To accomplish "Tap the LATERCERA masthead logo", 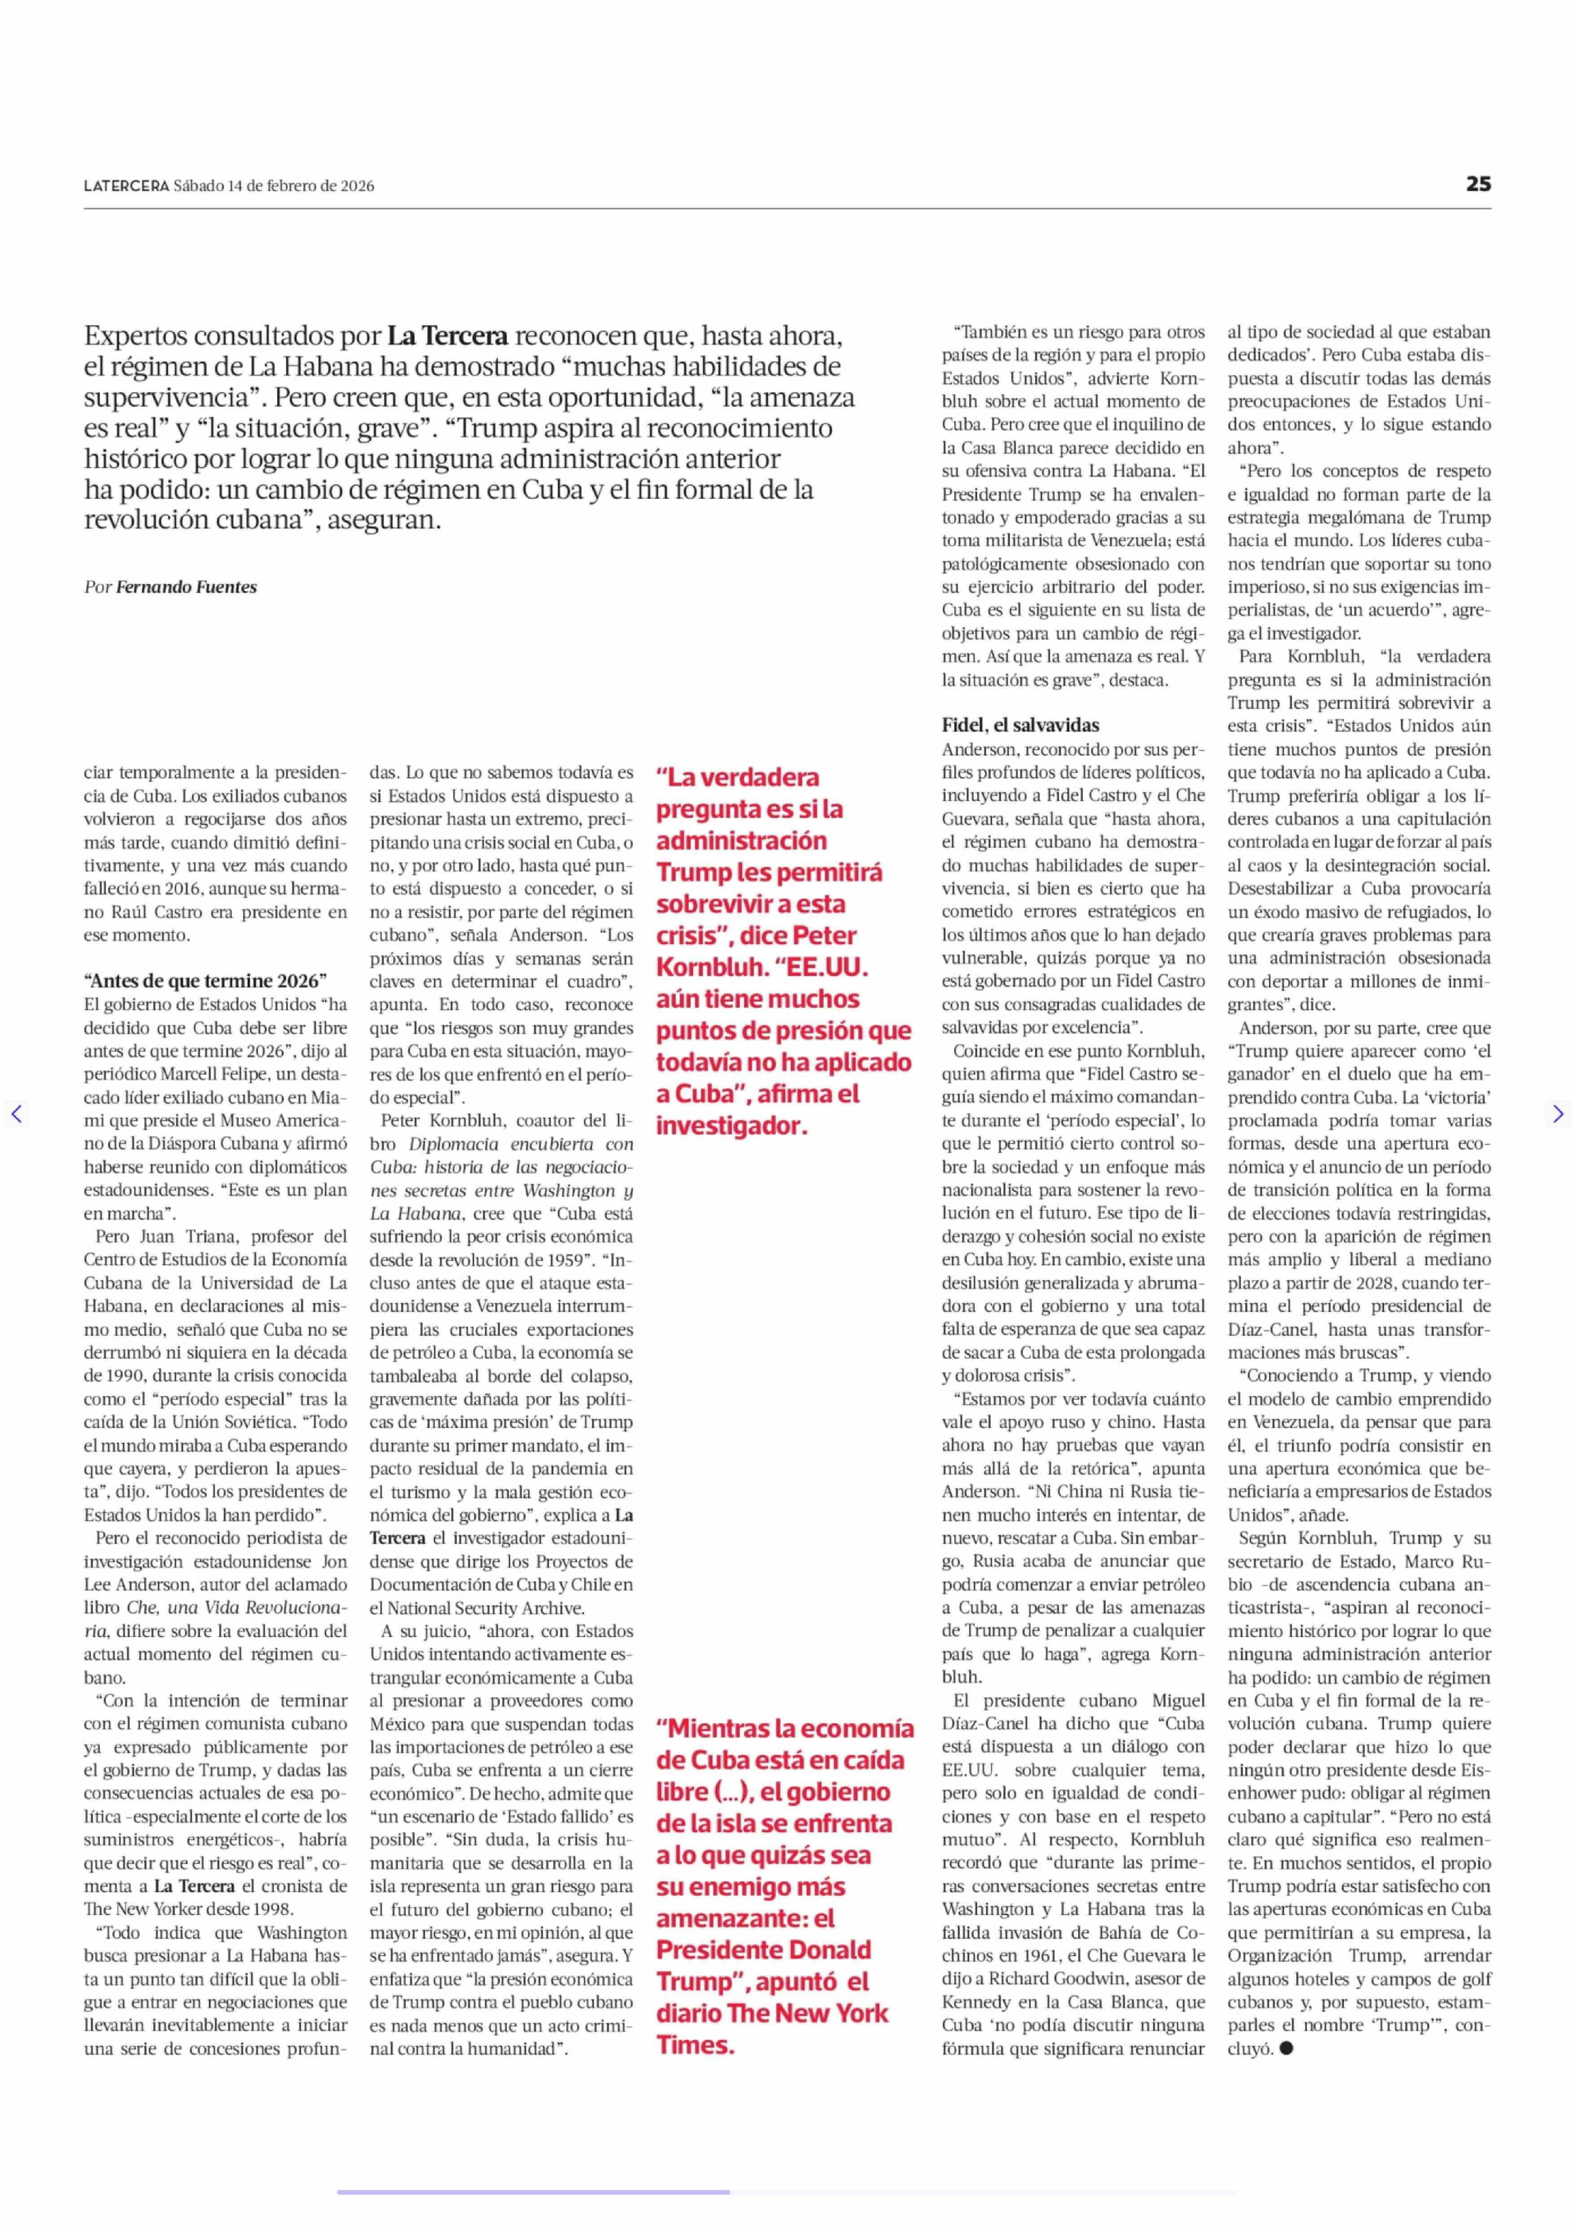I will coord(126,186).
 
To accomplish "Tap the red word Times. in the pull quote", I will coord(695,2045).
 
